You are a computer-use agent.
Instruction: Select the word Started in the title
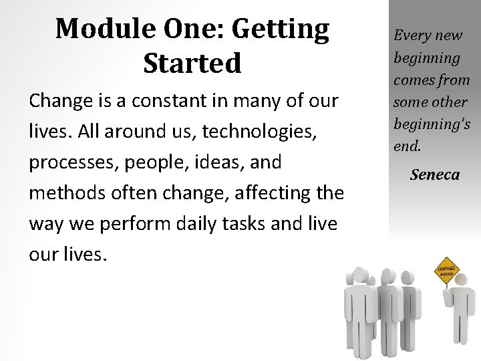(192, 64)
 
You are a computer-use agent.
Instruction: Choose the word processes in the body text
(71, 163)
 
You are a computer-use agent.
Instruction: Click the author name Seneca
(435, 175)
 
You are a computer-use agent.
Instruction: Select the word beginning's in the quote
(432, 124)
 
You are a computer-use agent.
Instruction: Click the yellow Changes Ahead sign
(447, 269)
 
